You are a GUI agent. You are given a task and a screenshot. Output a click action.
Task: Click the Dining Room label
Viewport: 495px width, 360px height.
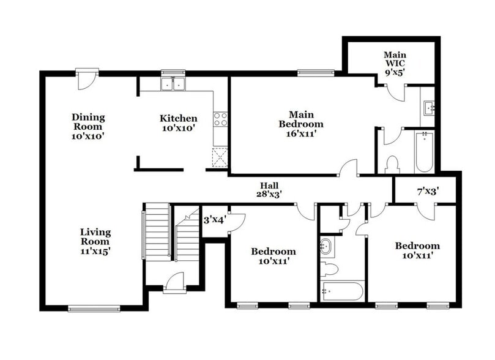(x=88, y=126)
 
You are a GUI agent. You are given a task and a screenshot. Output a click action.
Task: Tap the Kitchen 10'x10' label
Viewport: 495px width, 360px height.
(x=179, y=123)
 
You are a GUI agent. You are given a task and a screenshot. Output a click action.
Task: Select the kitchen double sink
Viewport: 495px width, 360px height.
(x=173, y=84)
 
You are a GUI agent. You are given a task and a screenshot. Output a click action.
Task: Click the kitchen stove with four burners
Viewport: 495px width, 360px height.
(x=220, y=119)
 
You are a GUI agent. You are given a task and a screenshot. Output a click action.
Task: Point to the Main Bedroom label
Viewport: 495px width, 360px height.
(x=300, y=123)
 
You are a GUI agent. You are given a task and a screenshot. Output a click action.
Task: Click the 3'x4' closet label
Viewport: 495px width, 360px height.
(x=214, y=219)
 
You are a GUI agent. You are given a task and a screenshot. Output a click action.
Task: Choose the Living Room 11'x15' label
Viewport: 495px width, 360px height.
(x=95, y=241)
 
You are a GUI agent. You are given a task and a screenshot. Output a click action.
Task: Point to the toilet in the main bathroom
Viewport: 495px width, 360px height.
(x=392, y=164)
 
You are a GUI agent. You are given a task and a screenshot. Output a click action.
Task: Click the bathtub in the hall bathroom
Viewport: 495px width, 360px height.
(x=342, y=291)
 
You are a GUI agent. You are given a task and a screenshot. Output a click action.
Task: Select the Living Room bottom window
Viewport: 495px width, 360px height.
(x=94, y=309)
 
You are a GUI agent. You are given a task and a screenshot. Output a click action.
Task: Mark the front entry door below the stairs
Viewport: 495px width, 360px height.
(x=174, y=282)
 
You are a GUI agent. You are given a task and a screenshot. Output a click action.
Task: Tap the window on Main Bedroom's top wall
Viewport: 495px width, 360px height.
(x=316, y=73)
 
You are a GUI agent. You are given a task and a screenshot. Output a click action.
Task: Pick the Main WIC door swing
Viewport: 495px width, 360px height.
(x=395, y=92)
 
